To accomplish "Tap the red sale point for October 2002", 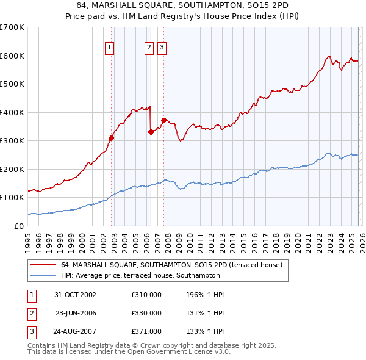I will point(112,138).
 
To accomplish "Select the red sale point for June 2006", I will point(151,132).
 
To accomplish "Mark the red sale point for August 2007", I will point(163,120).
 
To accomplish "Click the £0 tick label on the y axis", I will point(18,226).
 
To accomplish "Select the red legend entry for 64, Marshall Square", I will point(171,265).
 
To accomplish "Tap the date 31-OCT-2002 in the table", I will point(75,295).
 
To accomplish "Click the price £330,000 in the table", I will point(146,313).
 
